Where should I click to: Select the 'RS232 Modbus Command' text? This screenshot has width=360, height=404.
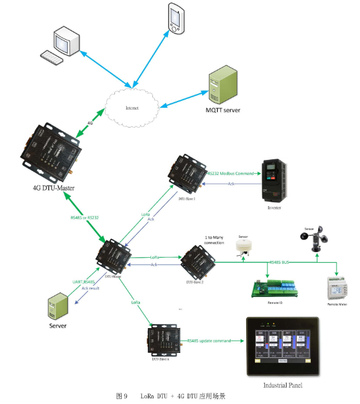pyautogui.click(x=230, y=174)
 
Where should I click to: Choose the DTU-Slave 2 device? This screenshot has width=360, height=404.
pyautogui.click(x=198, y=262)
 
